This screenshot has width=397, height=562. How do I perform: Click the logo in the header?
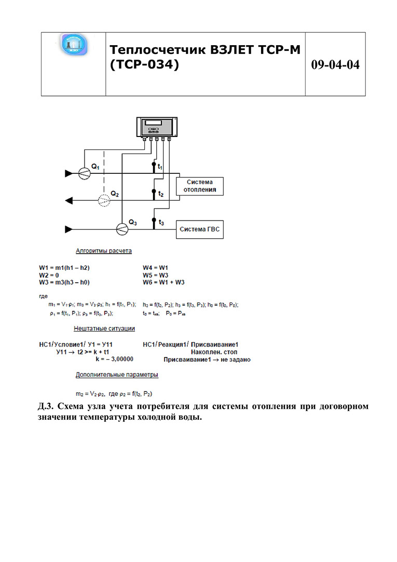pyautogui.click(x=74, y=46)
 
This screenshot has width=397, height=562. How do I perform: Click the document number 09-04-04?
pyautogui.click(x=335, y=65)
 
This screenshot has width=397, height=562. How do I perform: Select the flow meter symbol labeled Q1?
pyautogui.click(x=85, y=174)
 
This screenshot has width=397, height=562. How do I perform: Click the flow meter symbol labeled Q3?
pyautogui.click(x=121, y=228)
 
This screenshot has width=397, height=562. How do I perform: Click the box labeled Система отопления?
pyautogui.click(x=199, y=186)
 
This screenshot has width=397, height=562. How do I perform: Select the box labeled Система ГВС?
pyautogui.click(x=200, y=228)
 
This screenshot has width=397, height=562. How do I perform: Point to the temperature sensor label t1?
pyautogui.click(x=161, y=167)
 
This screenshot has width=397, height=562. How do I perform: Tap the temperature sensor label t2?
pyautogui.click(x=161, y=194)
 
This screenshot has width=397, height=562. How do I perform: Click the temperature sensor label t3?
pyautogui.click(x=161, y=222)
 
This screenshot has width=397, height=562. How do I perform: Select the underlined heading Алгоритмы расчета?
pyautogui.click(x=104, y=251)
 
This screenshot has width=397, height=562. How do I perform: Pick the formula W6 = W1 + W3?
pyautogui.click(x=164, y=282)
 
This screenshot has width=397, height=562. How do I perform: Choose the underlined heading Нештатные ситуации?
pyautogui.click(x=104, y=328)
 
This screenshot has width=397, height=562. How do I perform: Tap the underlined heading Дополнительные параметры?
pyautogui.click(x=117, y=374)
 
